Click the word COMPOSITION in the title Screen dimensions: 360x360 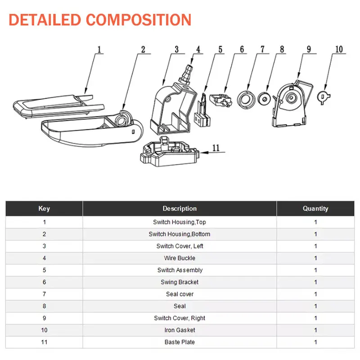(139, 20)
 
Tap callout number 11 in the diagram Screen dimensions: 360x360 (216, 148)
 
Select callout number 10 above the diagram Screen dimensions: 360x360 (339, 49)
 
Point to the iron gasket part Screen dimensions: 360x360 (323, 97)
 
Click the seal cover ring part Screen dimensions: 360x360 (246, 99)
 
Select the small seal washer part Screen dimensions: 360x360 (264, 99)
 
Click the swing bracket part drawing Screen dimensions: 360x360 (220, 100)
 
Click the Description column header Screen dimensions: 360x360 (180, 208)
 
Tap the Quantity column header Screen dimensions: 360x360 (315, 208)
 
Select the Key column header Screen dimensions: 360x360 (44, 208)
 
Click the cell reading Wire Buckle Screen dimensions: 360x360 (180, 258)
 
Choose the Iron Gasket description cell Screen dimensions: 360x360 (180, 330)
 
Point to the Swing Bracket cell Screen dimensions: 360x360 (180, 282)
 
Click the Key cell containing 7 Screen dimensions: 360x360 (44, 294)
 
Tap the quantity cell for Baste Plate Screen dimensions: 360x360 (315, 342)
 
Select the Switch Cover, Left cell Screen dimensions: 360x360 (180, 246)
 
